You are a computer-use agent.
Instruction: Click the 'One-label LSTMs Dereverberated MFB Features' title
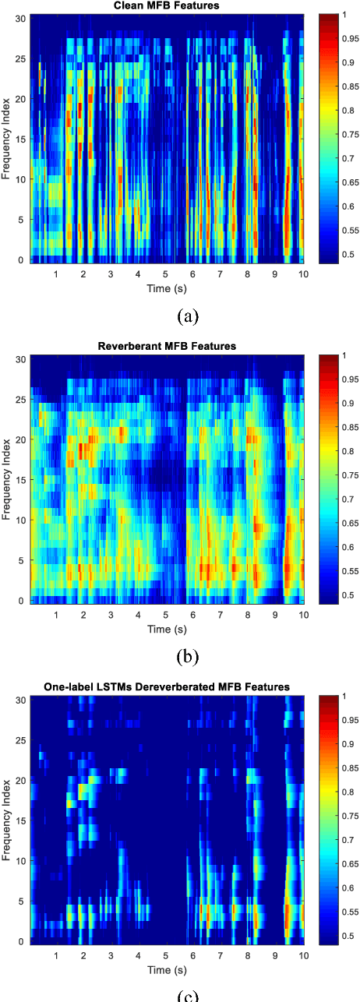tap(167, 686)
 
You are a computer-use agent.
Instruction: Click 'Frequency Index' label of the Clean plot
tap(7, 140)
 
